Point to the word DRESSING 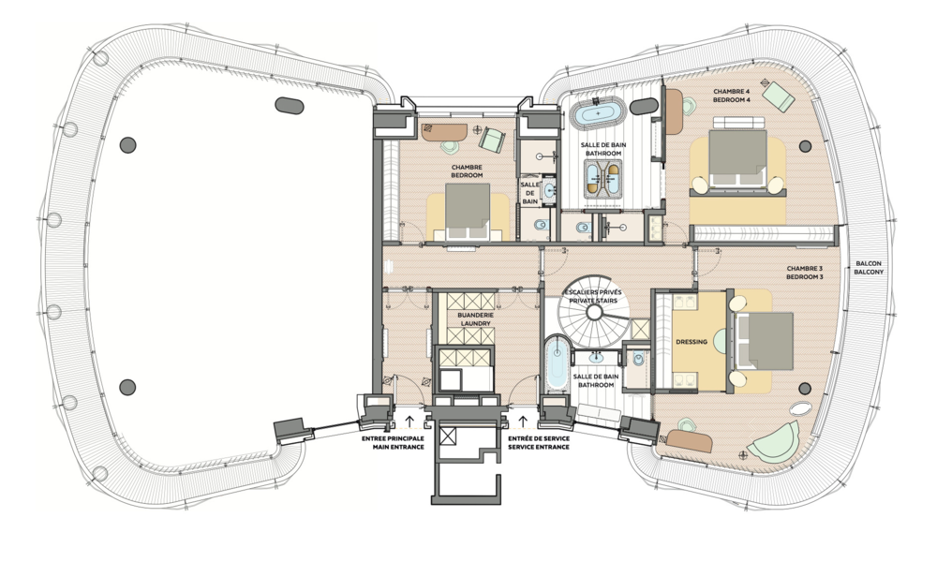point(691,342)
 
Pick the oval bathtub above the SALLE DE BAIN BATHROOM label point(596,114)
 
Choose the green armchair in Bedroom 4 point(778,95)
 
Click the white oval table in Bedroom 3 point(802,408)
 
